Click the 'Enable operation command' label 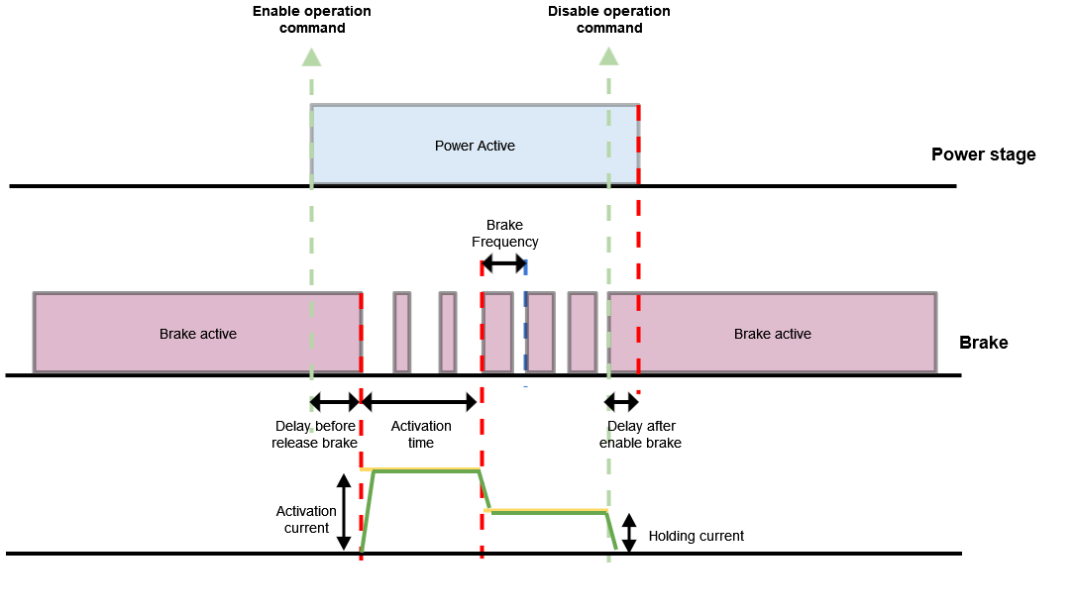tap(311, 20)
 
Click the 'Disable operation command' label tap(608, 20)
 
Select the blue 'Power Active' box tap(475, 146)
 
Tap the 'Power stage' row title tap(983, 154)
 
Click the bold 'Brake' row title tap(983, 343)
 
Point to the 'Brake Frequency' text tap(504, 234)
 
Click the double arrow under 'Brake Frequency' tap(503, 264)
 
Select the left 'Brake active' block tap(197, 334)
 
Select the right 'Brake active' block tap(772, 334)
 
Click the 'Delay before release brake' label tap(314, 434)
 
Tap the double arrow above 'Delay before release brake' tap(335, 402)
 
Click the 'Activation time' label tap(421, 434)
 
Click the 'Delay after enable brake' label tap(640, 434)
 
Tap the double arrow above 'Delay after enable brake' tap(622, 402)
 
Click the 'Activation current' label tap(306, 520)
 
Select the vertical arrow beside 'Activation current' tap(344, 512)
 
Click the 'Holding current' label tap(696, 536)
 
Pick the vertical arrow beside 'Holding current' tap(628, 533)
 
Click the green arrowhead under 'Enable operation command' tap(311, 56)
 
